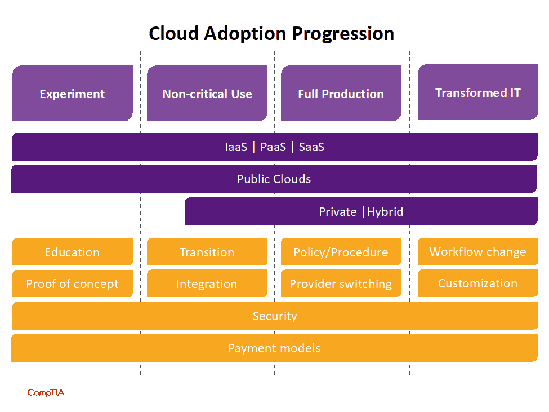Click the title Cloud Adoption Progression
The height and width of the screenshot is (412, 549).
coord(271,33)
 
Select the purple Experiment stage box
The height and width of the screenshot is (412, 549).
coord(72,94)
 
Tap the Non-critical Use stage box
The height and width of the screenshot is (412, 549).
coord(207,94)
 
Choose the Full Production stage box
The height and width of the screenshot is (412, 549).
coord(341,94)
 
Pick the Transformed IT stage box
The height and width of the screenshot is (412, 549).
coord(477,92)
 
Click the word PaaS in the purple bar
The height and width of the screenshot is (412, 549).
coord(273,147)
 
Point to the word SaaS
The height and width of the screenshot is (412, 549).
coord(311,147)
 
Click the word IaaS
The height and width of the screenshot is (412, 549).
coord(235,147)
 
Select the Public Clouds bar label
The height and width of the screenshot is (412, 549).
coord(274,179)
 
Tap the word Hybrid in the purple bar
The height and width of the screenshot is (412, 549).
coord(385,212)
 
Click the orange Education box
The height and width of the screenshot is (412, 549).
coord(72,252)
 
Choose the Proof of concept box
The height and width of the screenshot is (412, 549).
coord(72,283)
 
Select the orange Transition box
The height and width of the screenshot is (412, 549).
coord(207,252)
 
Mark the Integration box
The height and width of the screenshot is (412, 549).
coord(207,283)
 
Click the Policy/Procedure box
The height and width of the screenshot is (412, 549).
coord(341,252)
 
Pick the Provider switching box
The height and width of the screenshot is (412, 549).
coord(341,283)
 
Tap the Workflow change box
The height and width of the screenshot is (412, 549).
coord(477,251)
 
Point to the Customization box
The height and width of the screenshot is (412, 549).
coord(477,283)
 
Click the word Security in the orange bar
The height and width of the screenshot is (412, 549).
coord(274,316)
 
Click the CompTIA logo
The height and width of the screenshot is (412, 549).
coord(46,392)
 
